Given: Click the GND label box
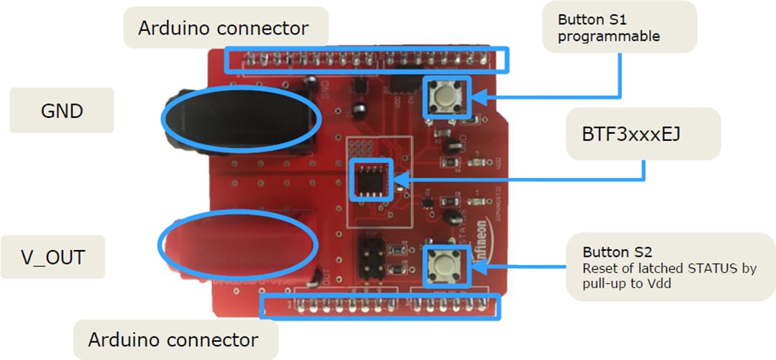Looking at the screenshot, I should (62, 111).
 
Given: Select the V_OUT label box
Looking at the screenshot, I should (52, 257).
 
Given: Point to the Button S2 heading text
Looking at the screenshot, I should (617, 252).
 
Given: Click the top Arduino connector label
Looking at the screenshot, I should (223, 28).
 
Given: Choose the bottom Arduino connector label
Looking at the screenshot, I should (173, 339).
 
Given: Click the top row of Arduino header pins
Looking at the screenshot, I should (365, 60).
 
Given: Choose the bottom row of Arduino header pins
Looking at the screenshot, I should (381, 306).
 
